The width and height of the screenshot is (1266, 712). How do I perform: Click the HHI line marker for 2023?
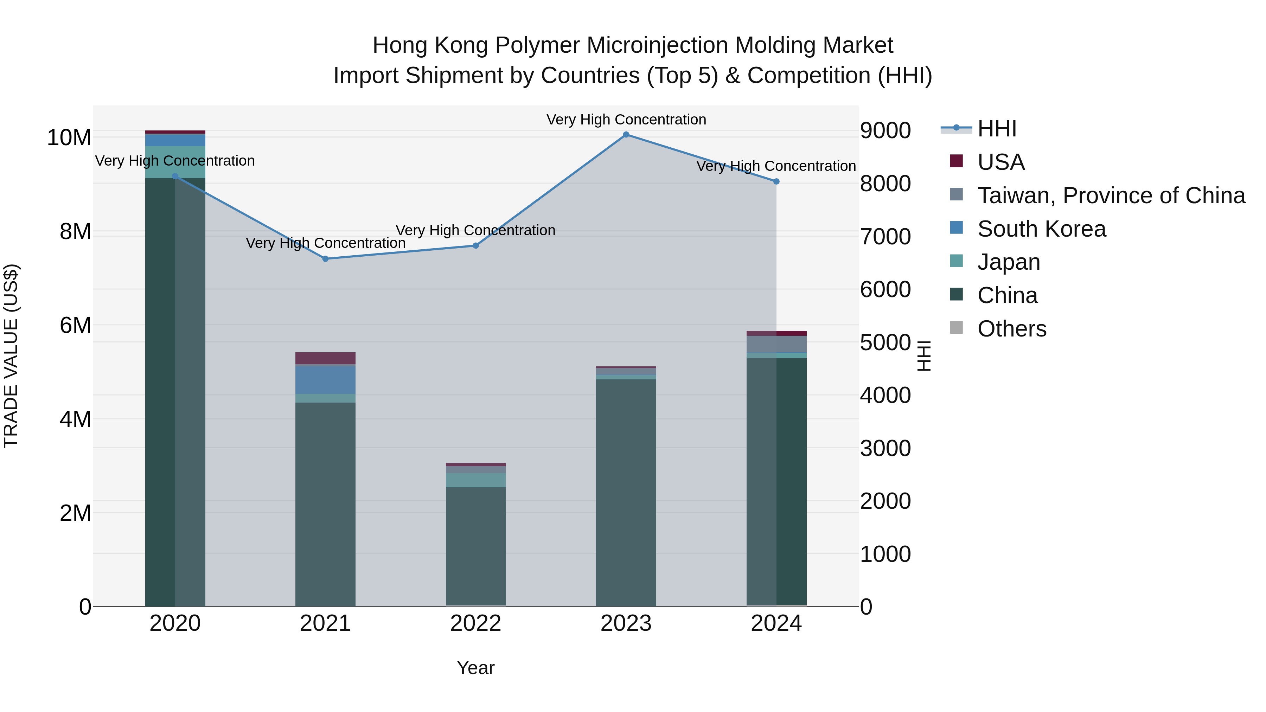click(x=626, y=135)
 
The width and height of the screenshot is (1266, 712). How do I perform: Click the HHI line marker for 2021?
click(x=325, y=259)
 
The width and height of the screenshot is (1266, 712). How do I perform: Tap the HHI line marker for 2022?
click(x=476, y=246)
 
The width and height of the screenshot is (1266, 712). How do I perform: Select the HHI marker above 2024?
click(x=776, y=181)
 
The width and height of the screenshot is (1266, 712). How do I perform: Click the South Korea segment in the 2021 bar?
click(x=325, y=380)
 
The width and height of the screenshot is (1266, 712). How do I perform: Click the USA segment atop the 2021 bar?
click(x=325, y=358)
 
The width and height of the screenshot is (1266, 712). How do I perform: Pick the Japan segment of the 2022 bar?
click(x=476, y=480)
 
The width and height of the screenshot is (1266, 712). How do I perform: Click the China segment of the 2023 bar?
click(x=626, y=492)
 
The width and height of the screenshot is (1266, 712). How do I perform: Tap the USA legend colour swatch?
click(x=957, y=161)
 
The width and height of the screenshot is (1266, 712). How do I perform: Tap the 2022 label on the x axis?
click(x=476, y=623)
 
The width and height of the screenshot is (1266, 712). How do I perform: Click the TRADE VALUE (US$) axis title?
click(x=11, y=356)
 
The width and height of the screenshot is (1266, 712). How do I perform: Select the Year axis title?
click(x=476, y=668)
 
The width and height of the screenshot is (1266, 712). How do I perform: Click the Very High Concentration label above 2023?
click(x=626, y=120)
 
